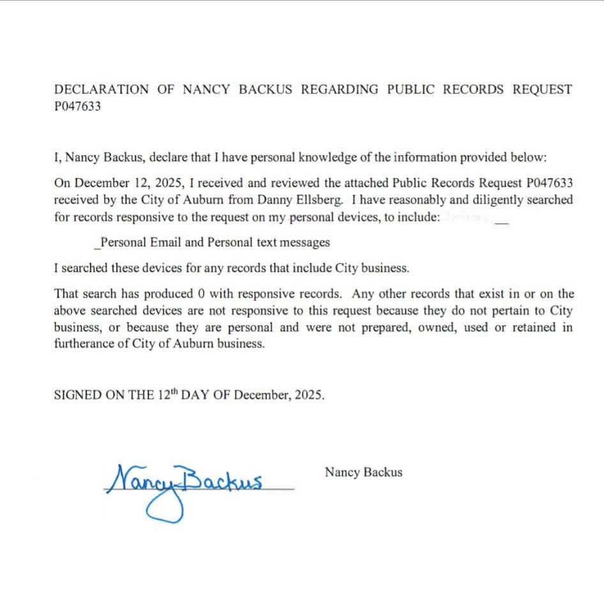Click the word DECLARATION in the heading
pos(102,89)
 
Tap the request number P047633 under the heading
pos(77,107)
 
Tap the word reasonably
pos(414,200)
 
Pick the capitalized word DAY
pos(197,395)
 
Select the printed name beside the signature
pos(363,473)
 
